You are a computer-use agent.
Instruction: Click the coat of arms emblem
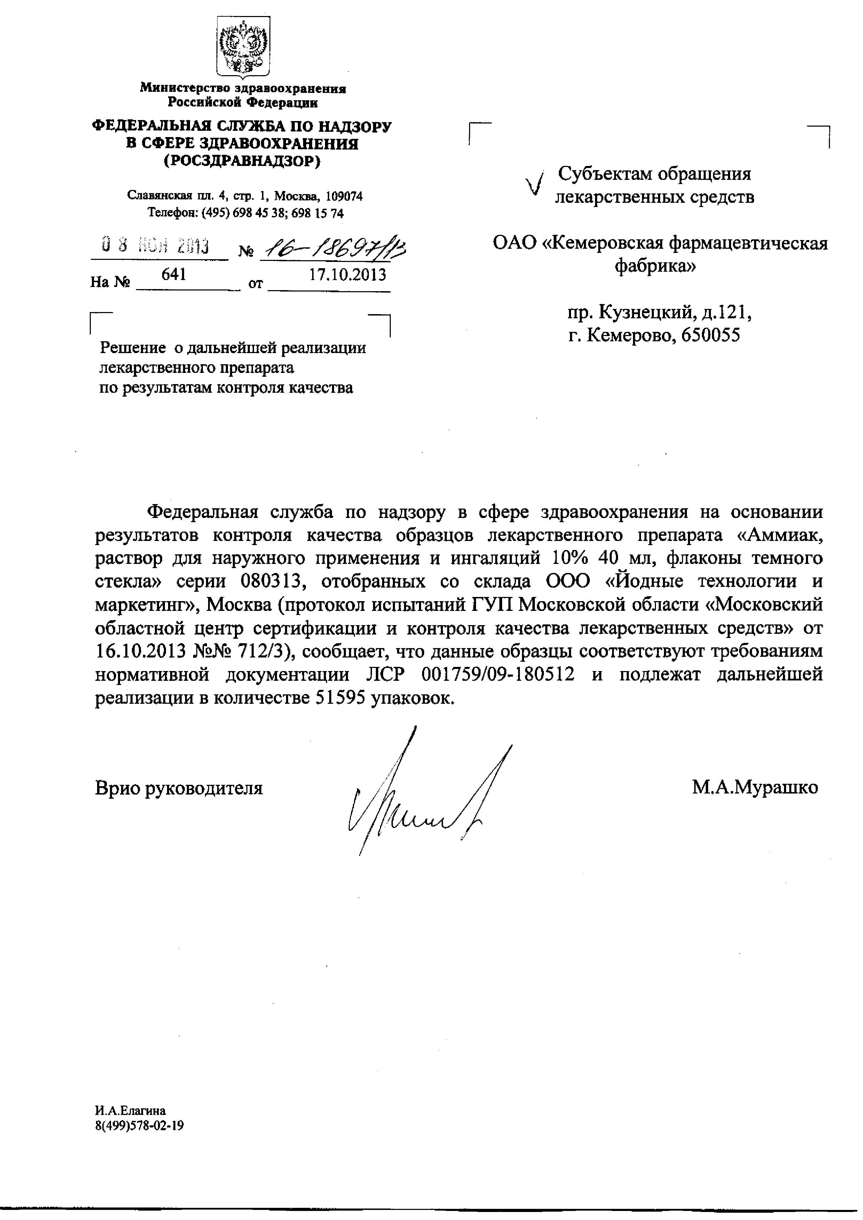tap(243, 47)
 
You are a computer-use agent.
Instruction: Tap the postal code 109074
tap(345, 197)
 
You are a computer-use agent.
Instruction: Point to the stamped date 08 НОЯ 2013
tap(156, 247)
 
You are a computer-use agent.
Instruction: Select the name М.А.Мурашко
tap(754, 787)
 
